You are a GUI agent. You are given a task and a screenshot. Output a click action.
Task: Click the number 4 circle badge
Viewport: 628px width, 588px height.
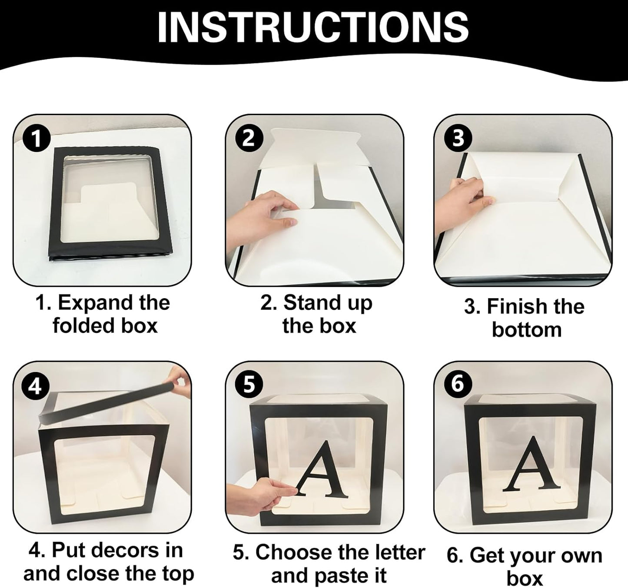[35, 386]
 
